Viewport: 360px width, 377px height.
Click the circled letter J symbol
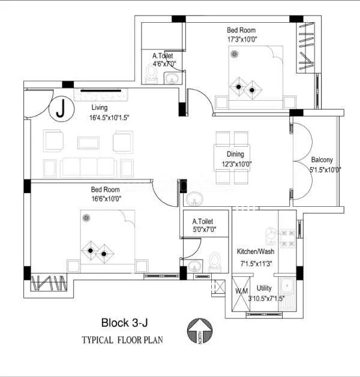pos(61,109)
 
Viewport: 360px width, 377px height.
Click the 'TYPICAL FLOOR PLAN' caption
pos(122,340)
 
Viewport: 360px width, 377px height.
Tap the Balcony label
pos(322,160)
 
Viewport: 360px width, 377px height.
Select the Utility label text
pos(264,288)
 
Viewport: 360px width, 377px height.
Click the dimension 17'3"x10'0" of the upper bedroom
pos(242,40)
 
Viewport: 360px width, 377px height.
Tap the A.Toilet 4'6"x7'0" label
pos(163,59)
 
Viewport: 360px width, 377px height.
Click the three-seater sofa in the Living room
pos(88,167)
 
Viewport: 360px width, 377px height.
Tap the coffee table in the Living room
pos(89,142)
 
